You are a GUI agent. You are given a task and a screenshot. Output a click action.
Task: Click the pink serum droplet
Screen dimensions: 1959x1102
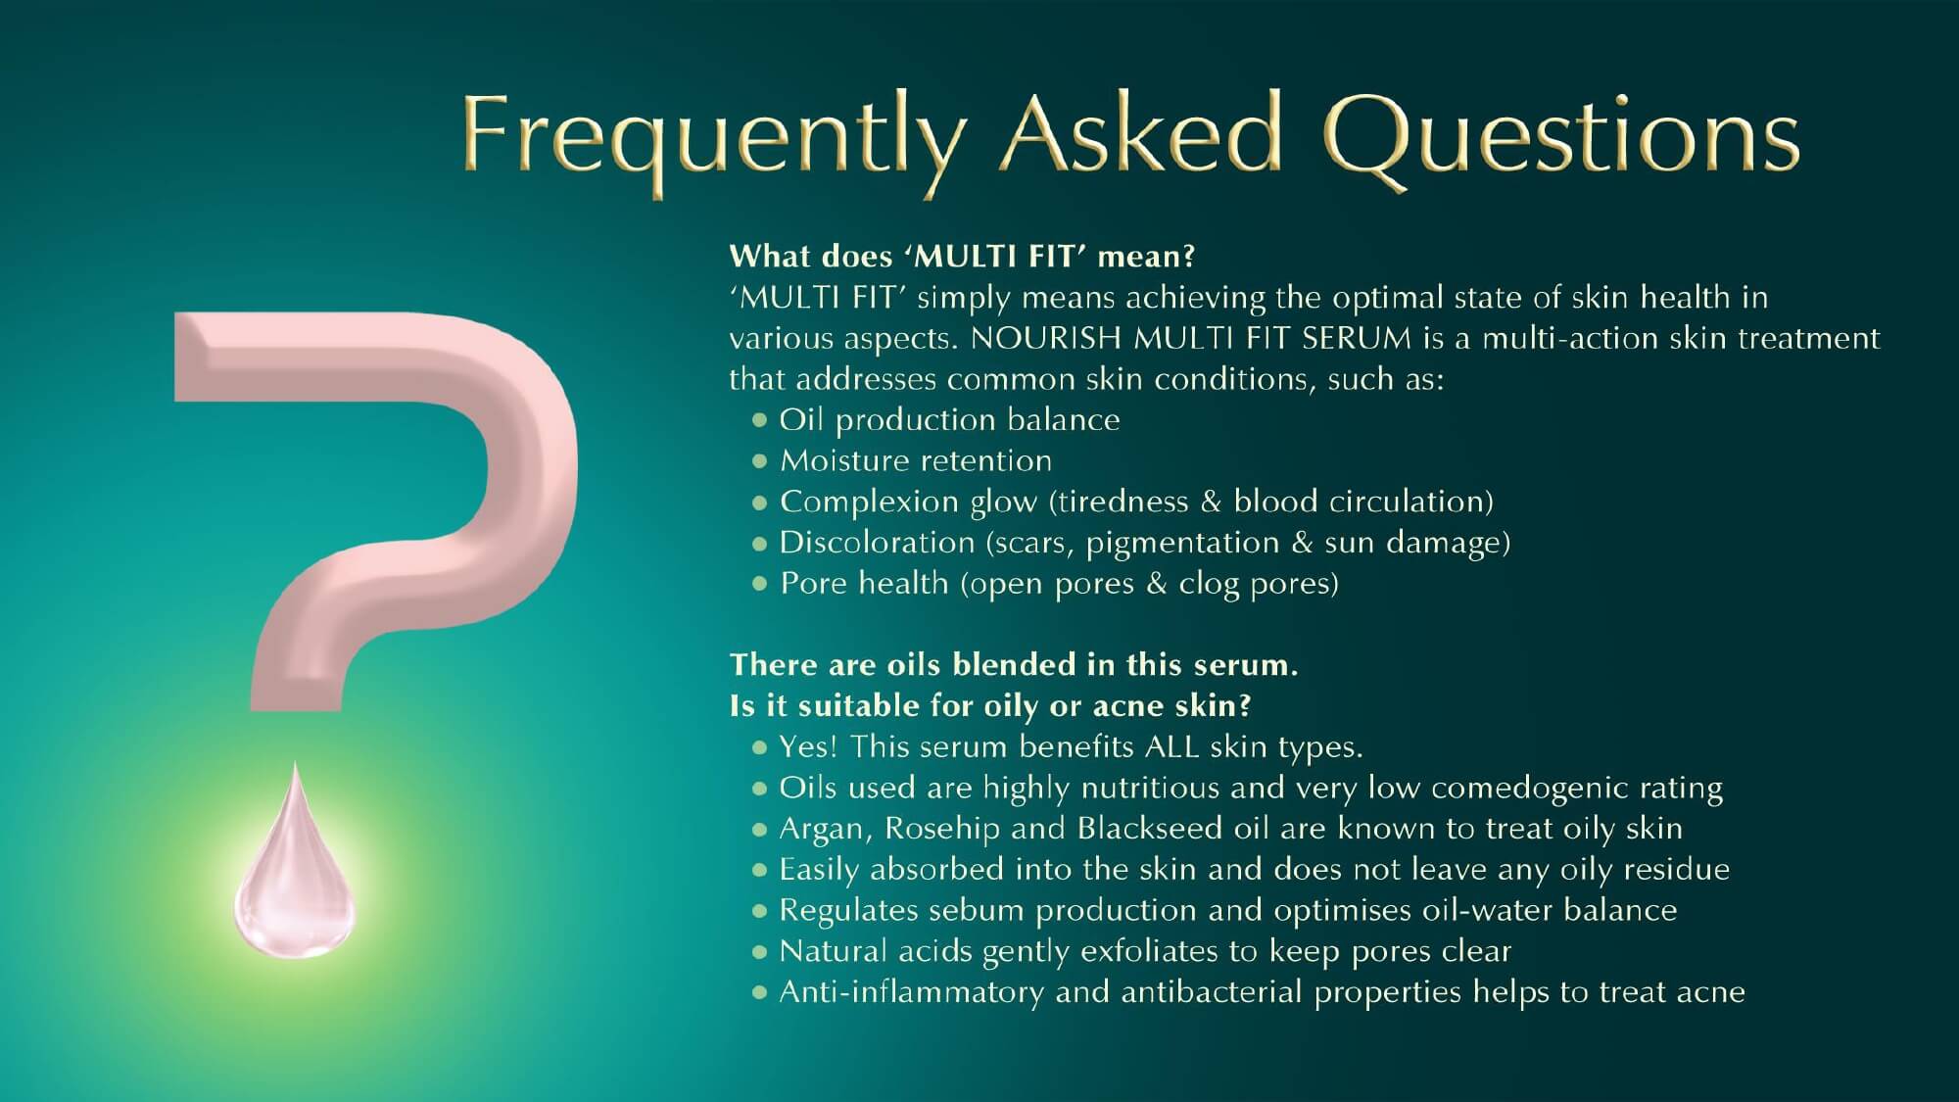click(295, 862)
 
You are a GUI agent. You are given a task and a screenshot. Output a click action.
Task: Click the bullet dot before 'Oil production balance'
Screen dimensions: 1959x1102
click(759, 420)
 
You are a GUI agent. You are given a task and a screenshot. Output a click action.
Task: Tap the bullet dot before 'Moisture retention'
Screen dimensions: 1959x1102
click(759, 461)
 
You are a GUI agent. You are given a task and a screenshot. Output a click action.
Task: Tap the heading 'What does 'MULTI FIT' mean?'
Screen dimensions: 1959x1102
click(963, 257)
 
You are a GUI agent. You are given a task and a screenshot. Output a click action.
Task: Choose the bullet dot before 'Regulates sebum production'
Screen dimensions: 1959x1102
click(759, 911)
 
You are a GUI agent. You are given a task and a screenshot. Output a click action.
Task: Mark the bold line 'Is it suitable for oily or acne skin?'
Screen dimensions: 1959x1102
click(991, 706)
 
